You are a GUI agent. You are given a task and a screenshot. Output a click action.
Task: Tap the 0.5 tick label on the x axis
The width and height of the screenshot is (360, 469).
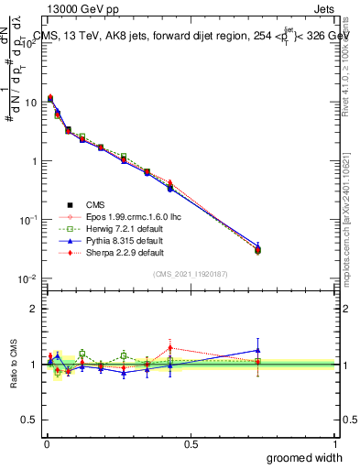[191, 443]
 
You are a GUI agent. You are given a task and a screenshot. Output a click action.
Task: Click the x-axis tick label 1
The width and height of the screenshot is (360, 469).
[334, 443]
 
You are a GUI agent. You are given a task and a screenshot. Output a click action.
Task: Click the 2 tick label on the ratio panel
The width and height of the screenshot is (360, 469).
[33, 309]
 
